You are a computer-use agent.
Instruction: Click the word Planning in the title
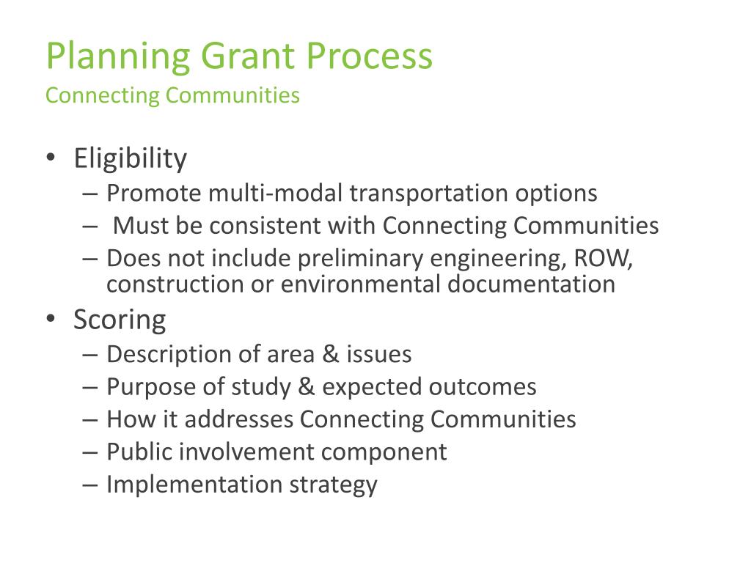[118, 57]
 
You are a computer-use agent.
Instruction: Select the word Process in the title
[370, 56]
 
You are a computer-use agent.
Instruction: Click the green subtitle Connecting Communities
[172, 96]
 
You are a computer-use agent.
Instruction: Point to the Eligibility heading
[130, 158]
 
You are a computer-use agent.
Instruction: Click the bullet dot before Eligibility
[51, 158]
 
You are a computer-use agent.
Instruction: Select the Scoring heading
[120, 320]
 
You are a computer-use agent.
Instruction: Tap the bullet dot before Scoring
[51, 319]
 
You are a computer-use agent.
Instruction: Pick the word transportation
[428, 194]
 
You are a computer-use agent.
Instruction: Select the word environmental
[360, 284]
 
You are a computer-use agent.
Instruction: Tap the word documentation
[531, 284]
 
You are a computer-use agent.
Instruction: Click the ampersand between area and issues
[331, 354]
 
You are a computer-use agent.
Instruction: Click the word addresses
[239, 419]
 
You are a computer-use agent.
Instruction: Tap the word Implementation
[194, 485]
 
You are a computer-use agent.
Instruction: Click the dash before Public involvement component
[90, 452]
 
